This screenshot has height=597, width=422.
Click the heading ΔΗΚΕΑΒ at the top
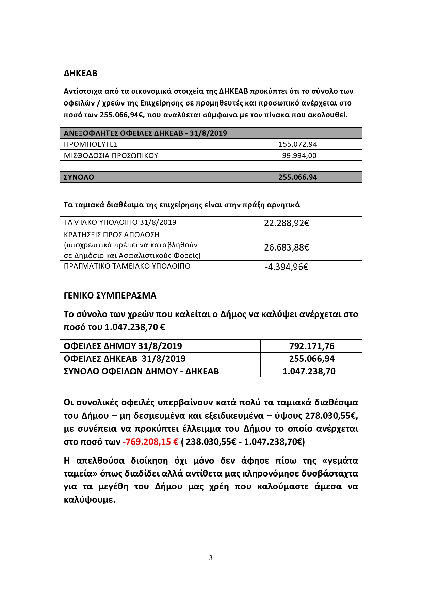click(80, 73)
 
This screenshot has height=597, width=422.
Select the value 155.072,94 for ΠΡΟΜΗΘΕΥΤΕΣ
click(297, 144)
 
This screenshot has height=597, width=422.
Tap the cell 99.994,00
click(299, 155)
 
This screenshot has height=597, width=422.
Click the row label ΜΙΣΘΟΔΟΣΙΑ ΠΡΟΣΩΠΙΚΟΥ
click(111, 155)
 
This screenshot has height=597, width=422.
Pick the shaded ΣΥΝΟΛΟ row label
click(79, 177)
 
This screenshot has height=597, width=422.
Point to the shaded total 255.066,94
click(297, 177)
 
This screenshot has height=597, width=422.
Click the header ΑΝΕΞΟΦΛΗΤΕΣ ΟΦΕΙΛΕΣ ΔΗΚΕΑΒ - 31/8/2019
click(145, 133)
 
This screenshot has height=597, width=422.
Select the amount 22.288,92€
click(286, 223)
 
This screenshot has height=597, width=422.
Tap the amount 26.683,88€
click(286, 247)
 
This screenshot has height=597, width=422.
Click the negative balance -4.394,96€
click(286, 267)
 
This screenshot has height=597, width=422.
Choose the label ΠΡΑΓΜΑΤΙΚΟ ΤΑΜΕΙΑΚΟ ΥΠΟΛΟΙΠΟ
click(127, 266)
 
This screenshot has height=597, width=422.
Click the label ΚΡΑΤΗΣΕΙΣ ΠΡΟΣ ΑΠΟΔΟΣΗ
click(112, 235)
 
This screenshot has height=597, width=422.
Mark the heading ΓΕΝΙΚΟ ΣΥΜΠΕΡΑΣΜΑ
click(110, 295)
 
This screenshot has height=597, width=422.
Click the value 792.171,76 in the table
click(312, 346)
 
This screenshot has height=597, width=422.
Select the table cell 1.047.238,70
click(309, 371)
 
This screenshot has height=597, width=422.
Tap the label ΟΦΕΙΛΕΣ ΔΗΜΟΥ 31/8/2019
click(123, 346)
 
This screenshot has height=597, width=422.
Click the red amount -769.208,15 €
click(150, 442)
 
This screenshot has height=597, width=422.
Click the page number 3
click(211, 558)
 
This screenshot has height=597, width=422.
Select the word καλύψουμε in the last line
click(89, 500)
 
